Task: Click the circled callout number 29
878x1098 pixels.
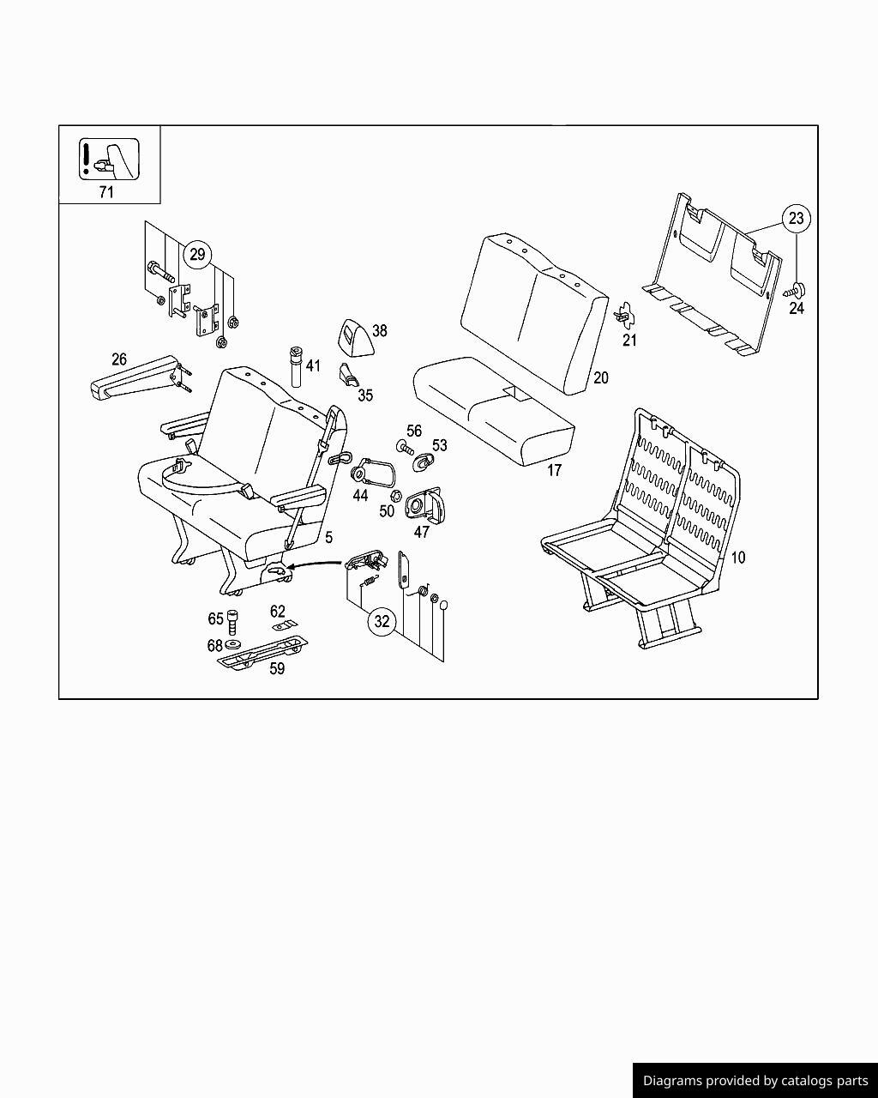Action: click(198, 255)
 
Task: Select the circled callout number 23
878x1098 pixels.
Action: click(796, 219)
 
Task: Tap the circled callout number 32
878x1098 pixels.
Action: click(382, 621)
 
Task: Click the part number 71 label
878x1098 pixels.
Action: click(106, 192)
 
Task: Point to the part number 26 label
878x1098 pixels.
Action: click(119, 359)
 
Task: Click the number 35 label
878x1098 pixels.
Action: click(365, 395)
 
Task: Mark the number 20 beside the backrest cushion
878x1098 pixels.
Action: click(600, 377)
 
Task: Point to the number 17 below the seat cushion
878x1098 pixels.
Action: click(554, 470)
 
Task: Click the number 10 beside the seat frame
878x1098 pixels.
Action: click(737, 558)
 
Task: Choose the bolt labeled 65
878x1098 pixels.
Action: click(233, 618)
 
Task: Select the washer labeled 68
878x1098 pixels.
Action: click(233, 644)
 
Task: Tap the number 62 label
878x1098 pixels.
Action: click(277, 612)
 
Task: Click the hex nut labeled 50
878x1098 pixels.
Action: click(396, 496)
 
